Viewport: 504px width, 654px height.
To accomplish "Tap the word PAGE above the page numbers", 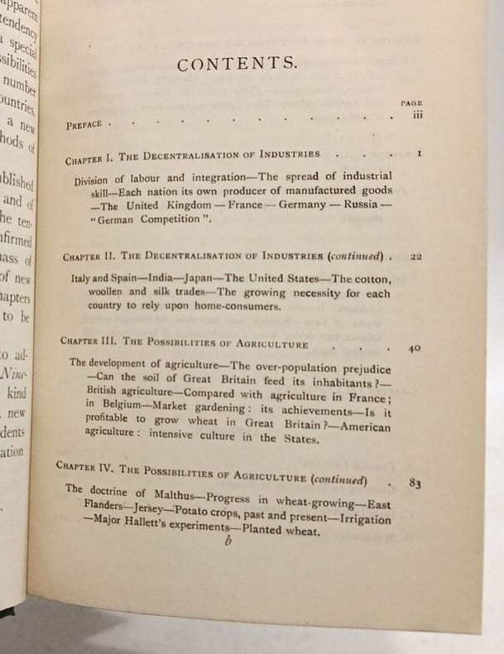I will click(411, 103).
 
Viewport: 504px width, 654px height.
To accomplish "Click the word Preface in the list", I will click(84, 126).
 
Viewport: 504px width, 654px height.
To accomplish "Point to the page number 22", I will click(416, 257).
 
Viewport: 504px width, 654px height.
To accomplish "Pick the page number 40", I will click(415, 349).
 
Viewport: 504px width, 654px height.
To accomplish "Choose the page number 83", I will click(415, 482).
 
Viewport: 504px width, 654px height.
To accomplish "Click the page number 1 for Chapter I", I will click(420, 154).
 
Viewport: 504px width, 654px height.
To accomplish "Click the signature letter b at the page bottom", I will click(227, 542).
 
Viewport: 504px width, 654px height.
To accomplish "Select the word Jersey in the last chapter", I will click(146, 505).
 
